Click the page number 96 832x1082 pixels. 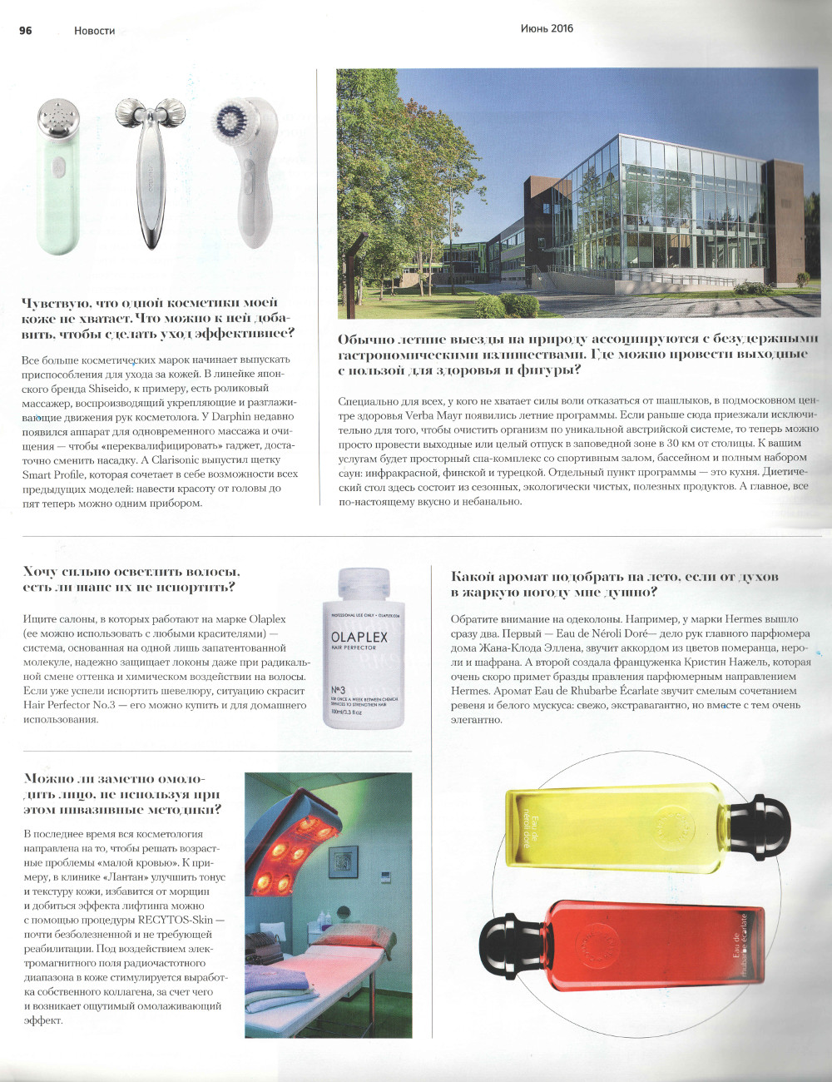(26, 30)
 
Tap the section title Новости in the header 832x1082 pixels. (94, 31)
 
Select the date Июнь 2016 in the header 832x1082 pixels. (547, 28)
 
